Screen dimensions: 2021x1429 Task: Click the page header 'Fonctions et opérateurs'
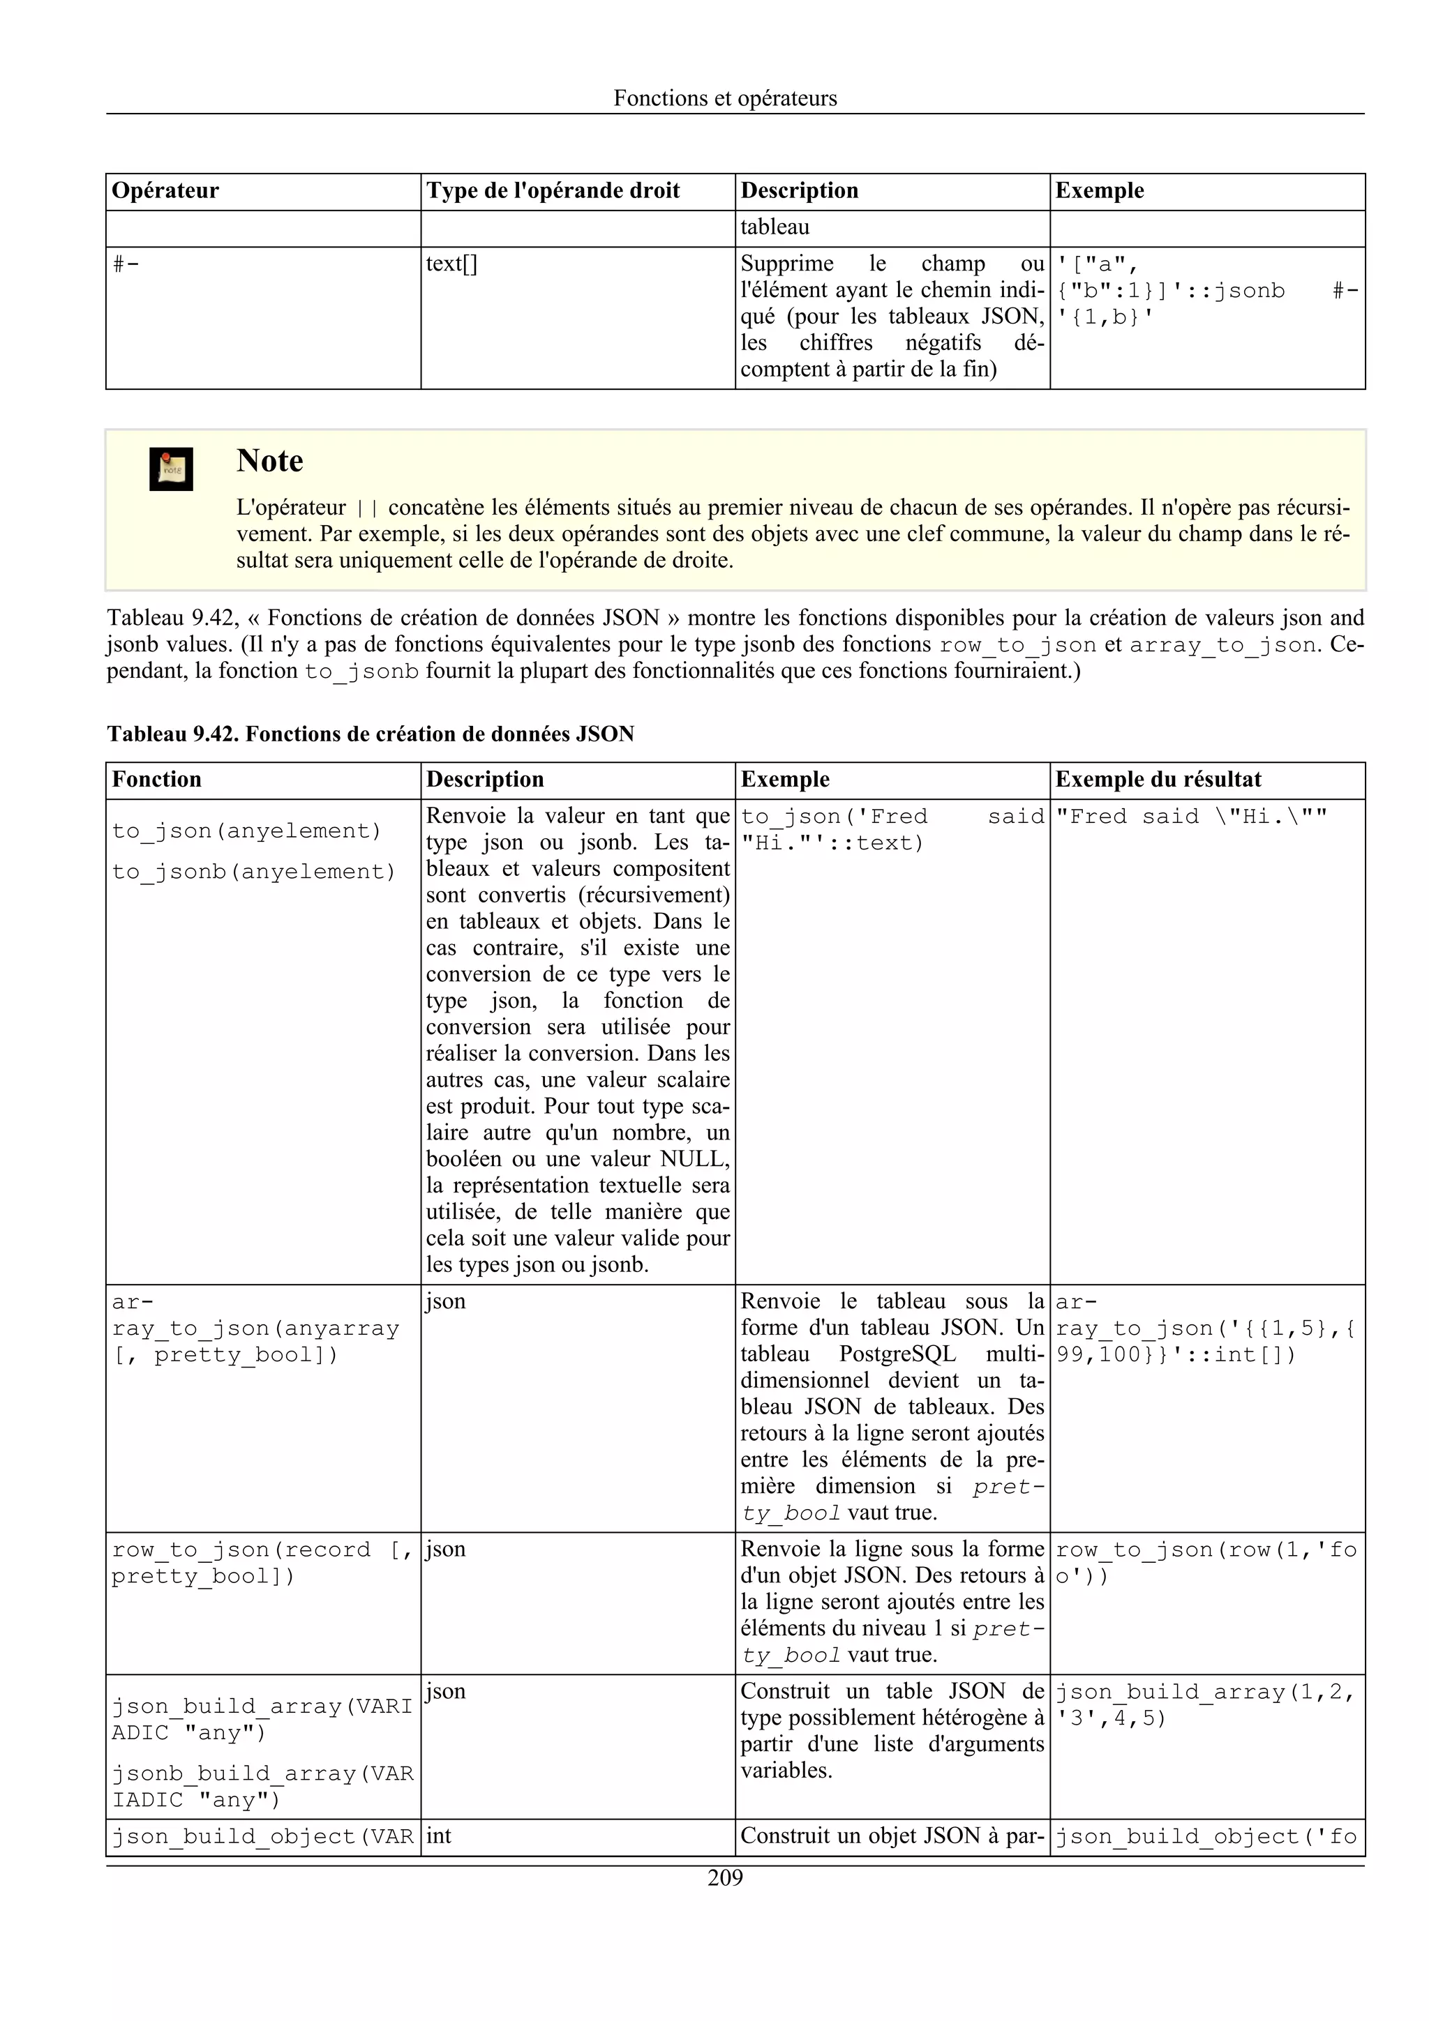point(725,98)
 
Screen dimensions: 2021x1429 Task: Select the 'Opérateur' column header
point(165,191)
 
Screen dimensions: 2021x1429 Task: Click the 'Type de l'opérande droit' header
point(552,191)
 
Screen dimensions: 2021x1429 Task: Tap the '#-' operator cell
point(126,264)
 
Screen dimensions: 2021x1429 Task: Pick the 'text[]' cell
point(451,264)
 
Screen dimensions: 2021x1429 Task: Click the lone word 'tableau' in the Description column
point(774,227)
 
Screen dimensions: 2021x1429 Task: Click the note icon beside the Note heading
point(171,469)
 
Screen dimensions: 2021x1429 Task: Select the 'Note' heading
point(269,461)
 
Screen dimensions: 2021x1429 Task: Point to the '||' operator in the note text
point(366,509)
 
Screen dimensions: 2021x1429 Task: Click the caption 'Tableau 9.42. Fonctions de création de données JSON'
point(371,734)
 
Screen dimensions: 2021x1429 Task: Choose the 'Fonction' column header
point(157,780)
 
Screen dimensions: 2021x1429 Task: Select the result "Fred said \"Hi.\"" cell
point(1190,817)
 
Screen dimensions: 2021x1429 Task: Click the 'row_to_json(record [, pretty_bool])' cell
point(262,1562)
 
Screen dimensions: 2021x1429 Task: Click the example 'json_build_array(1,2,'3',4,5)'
point(1204,1705)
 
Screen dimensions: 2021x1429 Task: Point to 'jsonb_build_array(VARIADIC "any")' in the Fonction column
point(262,1787)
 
